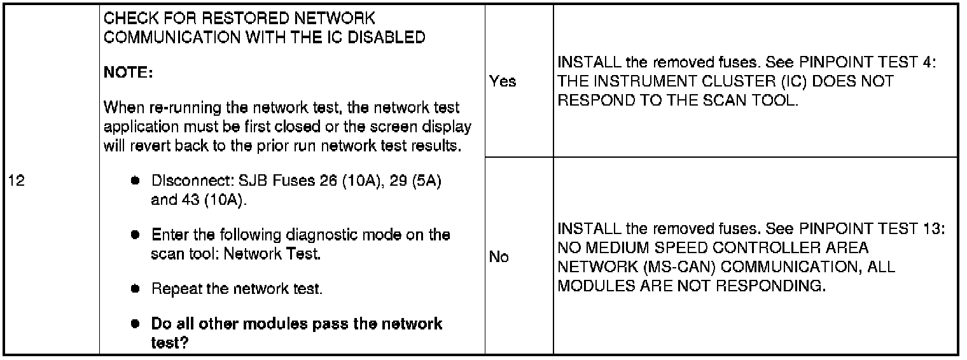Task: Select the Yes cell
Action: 503,81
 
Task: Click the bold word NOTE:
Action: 128,73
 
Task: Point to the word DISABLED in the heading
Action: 389,38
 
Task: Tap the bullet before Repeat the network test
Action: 135,289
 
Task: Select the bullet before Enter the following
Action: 135,235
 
